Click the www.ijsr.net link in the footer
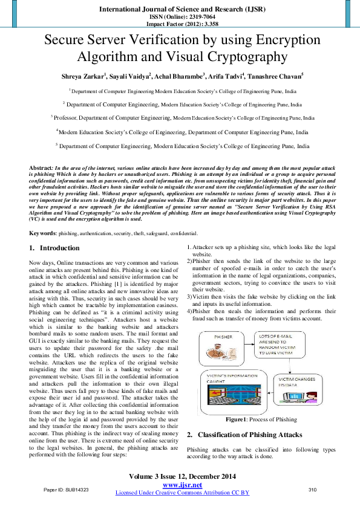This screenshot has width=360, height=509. [x=182, y=485]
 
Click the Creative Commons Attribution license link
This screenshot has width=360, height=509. [x=182, y=493]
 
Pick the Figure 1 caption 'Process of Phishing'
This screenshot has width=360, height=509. [x=261, y=419]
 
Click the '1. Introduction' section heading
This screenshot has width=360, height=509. [x=54, y=248]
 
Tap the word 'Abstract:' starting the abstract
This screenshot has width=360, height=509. [x=41, y=166]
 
